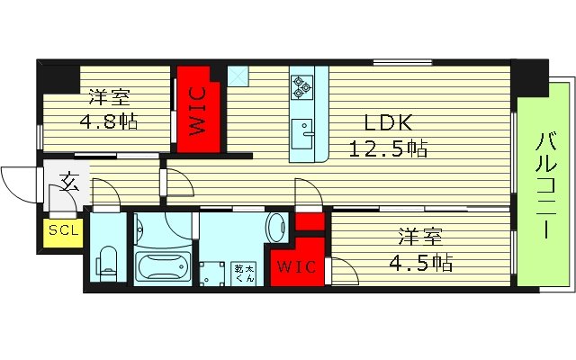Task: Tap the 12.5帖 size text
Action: click(x=388, y=148)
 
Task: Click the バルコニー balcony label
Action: click(x=544, y=184)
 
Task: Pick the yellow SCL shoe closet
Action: click(x=64, y=230)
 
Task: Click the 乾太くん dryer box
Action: click(x=245, y=273)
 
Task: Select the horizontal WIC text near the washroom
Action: click(x=293, y=267)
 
